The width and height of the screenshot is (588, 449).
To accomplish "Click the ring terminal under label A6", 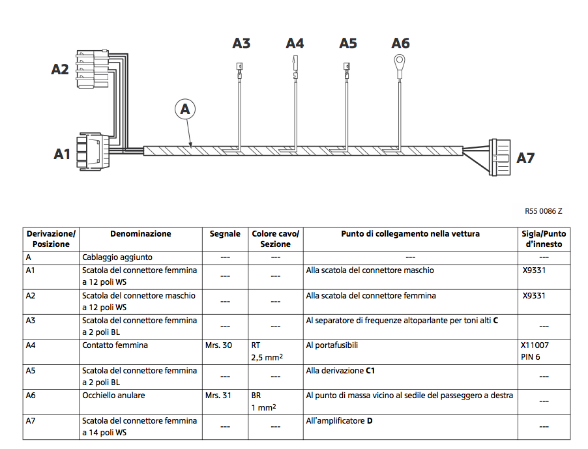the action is tap(400, 61).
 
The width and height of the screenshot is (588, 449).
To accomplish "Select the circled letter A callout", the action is tap(185, 109).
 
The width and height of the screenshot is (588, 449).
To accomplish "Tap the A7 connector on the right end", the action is tap(500, 158).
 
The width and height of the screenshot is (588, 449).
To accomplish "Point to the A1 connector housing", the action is tap(93, 151).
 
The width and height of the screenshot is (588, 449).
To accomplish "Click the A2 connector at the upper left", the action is tap(93, 69).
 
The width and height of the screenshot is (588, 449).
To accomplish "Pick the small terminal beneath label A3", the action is tap(239, 71).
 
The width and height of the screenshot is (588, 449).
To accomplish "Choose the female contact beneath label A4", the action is tap(295, 68).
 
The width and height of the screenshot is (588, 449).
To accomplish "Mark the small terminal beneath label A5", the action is tap(347, 71).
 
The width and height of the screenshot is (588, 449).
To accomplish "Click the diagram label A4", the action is tap(295, 44).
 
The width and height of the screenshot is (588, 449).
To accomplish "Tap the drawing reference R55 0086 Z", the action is tap(544, 211).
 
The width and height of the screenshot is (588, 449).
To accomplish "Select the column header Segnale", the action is tap(225, 234).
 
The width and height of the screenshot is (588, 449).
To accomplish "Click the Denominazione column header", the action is tap(141, 234).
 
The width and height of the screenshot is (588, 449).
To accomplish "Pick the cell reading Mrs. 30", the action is tap(218, 345).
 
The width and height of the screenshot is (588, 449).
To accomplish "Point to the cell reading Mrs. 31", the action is tap(218, 396).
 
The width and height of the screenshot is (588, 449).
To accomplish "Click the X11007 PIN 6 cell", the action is tap(535, 351).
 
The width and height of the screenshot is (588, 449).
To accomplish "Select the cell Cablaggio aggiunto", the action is tap(117, 257).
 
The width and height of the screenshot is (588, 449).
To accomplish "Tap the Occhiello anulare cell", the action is tap(113, 396).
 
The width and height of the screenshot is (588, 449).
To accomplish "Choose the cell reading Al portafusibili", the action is tap(332, 345).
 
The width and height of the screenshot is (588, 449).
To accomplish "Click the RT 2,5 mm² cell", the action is tap(267, 351).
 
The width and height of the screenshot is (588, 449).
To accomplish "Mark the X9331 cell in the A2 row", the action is tap(534, 296).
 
